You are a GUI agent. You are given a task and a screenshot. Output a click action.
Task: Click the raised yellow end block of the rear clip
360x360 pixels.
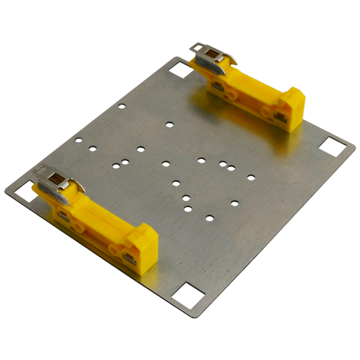pyautogui.click(x=292, y=108)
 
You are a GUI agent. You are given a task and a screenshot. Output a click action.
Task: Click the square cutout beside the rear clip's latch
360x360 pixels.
pyautogui.click(x=179, y=70)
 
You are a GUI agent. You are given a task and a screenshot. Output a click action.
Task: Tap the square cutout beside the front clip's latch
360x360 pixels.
pyautogui.click(x=25, y=192)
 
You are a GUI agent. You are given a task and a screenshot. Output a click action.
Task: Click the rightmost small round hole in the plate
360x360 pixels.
pyautogui.click(x=251, y=176)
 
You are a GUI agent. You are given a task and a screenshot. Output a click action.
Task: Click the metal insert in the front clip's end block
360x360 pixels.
pyautogui.click(x=129, y=258)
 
